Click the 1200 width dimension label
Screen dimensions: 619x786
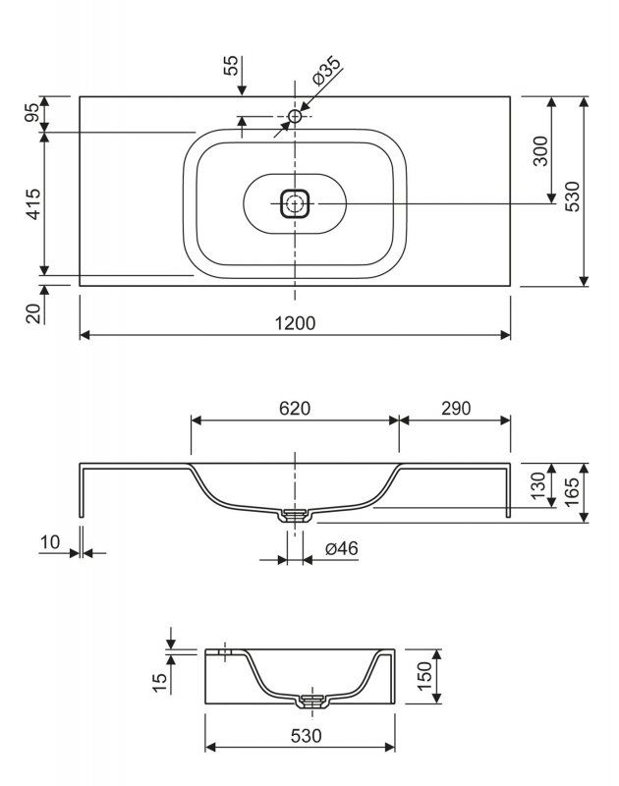(x=295, y=323)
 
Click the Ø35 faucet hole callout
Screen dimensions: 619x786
(x=326, y=71)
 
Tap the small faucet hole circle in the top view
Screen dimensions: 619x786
(x=295, y=116)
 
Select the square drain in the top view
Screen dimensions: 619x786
(x=295, y=203)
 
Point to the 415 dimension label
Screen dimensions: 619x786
(x=33, y=203)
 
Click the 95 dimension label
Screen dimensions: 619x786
(x=32, y=112)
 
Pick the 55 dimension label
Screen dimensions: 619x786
(x=231, y=66)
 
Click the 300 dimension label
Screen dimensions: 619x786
(x=540, y=150)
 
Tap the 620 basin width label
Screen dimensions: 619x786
(x=295, y=409)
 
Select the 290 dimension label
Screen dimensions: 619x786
(x=456, y=409)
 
